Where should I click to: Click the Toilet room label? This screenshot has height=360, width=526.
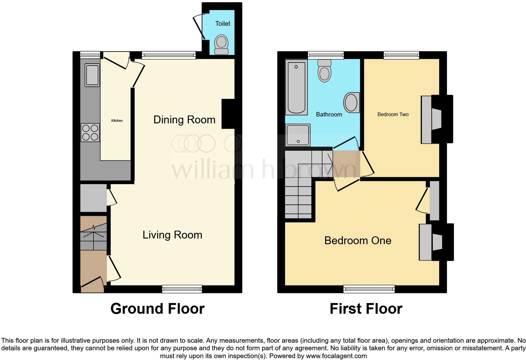[223, 24]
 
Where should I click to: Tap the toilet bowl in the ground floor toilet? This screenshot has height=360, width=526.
[221, 45]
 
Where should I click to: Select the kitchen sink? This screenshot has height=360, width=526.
[92, 75]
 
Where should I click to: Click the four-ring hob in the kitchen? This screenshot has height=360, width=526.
[90, 133]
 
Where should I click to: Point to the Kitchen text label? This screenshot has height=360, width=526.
[117, 121]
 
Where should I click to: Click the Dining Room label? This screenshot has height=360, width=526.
[184, 120]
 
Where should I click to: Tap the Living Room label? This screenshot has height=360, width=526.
[172, 235]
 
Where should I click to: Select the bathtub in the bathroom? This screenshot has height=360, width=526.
[296, 87]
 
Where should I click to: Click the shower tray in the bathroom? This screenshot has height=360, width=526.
[298, 135]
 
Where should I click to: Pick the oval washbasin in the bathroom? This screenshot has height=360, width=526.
[351, 103]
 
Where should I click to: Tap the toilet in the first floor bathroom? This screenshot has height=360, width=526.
[325, 71]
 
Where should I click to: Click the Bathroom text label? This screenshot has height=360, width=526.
[329, 114]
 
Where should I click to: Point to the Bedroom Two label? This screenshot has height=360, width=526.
[393, 114]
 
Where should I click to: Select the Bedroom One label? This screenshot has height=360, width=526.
[358, 240]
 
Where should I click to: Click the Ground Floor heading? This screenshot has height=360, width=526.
[157, 309]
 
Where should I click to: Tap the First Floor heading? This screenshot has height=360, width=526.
[366, 309]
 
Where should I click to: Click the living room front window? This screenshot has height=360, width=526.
[182, 289]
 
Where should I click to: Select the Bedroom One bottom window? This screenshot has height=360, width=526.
[369, 289]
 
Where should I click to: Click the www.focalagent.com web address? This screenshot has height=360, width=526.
[336, 356]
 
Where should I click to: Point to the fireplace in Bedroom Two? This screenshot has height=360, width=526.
[437, 119]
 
